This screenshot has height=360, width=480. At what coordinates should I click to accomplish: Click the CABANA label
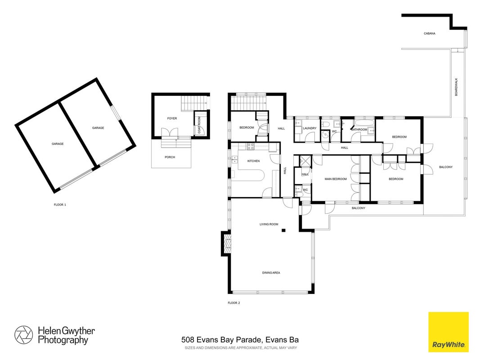pos(429,33)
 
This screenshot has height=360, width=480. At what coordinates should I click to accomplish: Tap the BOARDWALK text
pos(456,87)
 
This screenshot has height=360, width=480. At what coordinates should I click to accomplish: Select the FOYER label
pos(172,118)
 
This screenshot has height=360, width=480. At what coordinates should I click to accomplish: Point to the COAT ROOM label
pos(199,125)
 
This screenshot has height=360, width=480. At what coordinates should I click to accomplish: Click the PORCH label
pos(170,157)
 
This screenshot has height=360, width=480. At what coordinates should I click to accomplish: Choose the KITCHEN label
pos(253,161)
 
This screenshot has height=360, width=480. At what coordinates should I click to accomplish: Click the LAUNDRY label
pos(310,128)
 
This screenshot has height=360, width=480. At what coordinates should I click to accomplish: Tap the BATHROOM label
pos(359,130)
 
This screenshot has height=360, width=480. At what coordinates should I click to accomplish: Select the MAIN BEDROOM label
pos(336,179)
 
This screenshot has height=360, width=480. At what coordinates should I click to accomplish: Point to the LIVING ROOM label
pos(269,224)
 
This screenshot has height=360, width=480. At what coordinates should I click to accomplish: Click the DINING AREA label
pos(271,272)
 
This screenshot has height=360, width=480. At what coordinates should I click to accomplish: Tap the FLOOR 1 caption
pos(60,204)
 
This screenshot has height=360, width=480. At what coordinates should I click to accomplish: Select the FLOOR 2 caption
pos(234,303)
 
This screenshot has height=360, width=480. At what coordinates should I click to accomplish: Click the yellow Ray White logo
pos(449,332)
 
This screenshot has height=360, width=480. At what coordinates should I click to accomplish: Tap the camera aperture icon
pos(23,335)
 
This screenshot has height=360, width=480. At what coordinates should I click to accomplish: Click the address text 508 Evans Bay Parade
pos(221,339)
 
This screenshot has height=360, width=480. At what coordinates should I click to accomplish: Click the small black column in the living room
pos(284,230)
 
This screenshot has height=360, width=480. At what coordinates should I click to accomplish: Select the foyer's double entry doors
pos(170,133)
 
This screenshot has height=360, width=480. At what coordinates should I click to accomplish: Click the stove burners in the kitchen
pos(251,146)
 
